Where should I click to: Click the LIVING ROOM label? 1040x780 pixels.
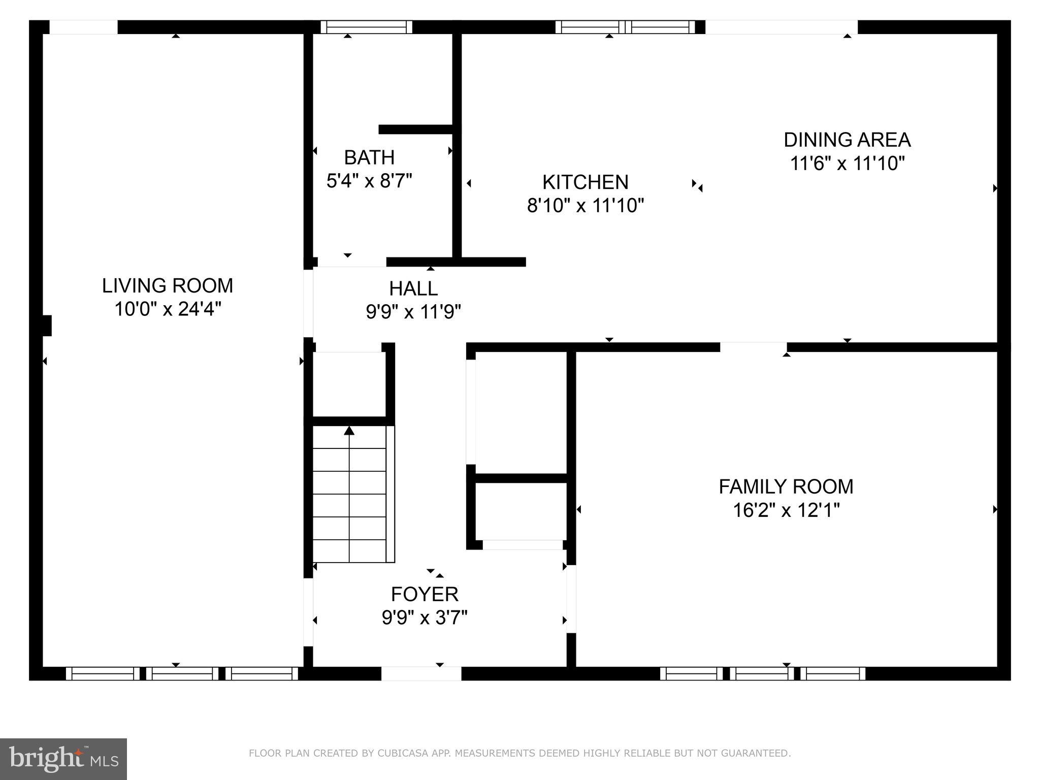[x=168, y=286]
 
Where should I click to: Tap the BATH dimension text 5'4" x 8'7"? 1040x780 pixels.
[x=369, y=181]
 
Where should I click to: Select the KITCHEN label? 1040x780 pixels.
[x=585, y=182]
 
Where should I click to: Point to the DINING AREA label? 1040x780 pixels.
[x=847, y=140]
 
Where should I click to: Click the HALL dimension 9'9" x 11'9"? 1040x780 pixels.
[x=413, y=312]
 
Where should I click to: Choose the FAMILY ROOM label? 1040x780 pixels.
[x=786, y=486]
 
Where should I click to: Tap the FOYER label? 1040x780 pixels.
[x=425, y=594]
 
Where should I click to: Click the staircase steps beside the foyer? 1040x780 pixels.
[x=349, y=495]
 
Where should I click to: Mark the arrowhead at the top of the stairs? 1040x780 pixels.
[x=349, y=431]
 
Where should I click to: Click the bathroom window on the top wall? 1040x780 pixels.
[x=366, y=27]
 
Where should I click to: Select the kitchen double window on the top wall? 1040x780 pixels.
[x=625, y=27]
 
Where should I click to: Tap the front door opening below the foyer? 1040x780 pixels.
[x=421, y=673]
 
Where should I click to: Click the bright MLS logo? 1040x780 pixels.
[x=63, y=759]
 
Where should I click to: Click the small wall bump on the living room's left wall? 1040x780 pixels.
[x=47, y=326]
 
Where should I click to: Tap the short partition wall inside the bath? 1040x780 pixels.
[x=415, y=129]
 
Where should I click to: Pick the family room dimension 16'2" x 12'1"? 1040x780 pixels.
[x=786, y=510]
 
